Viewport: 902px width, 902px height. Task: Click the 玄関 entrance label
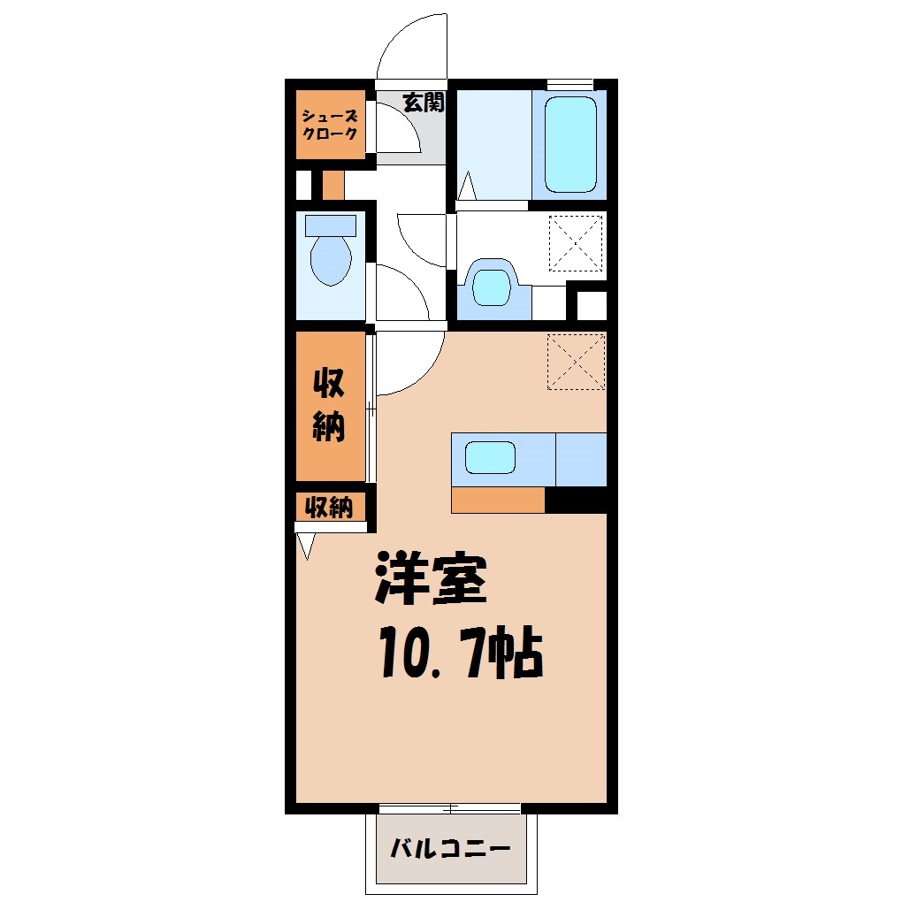pos(424,103)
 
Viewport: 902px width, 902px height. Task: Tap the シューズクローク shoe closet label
pos(330,125)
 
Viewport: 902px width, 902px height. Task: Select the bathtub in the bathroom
pos(570,144)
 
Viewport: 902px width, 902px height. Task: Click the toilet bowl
pos(331,261)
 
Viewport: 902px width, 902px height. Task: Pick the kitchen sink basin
pos(490,458)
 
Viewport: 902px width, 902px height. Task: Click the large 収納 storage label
pos(329,405)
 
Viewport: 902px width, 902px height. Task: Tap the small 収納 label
pos(328,508)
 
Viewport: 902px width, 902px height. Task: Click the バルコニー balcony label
pos(450,849)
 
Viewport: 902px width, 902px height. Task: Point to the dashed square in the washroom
pos(576,243)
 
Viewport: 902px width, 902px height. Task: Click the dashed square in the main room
pos(576,362)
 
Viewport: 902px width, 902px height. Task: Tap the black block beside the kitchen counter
pos(576,500)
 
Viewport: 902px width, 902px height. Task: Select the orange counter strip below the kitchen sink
pos(498,500)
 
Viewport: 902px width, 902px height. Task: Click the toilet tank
pos(331,225)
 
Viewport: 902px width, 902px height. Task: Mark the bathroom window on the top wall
pos(569,85)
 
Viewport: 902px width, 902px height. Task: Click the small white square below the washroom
pos(592,305)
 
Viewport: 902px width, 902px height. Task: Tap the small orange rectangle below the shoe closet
pos(333,185)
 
